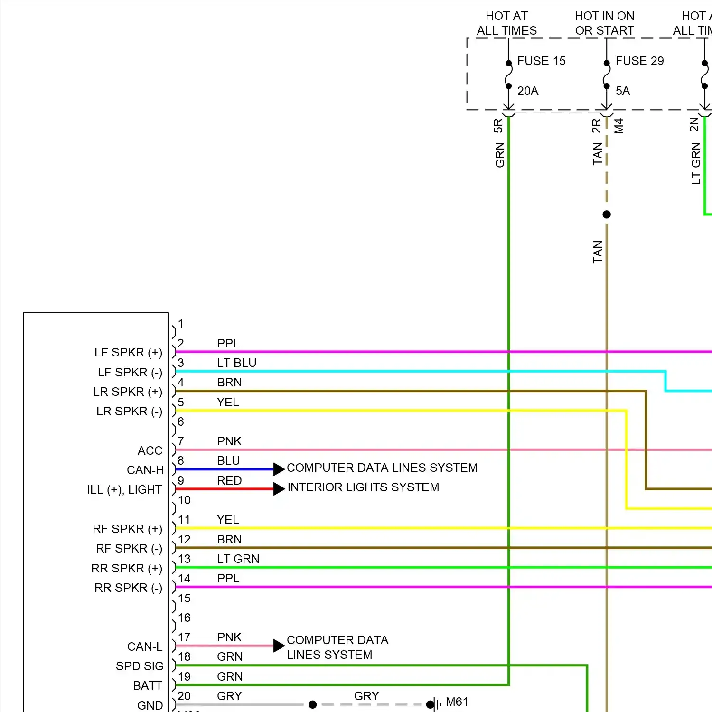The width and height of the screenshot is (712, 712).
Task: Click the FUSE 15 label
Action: coord(541,61)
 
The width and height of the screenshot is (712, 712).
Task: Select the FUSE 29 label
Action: coord(639,61)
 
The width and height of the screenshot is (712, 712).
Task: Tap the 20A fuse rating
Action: coord(527,91)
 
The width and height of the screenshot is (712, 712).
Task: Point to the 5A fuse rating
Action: coord(622,91)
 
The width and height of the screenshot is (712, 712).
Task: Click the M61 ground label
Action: coord(457,702)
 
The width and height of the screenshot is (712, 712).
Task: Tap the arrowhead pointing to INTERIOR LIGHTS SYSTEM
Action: coord(279,488)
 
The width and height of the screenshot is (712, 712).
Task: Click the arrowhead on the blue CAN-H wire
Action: coord(279,469)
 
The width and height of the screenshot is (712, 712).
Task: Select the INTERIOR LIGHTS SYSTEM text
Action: coord(363,487)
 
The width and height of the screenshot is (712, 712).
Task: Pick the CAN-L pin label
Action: coord(145,646)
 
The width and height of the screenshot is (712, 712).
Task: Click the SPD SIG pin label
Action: coord(140,666)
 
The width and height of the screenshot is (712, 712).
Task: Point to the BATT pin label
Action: coord(147,685)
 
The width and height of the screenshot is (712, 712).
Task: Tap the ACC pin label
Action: coord(150,450)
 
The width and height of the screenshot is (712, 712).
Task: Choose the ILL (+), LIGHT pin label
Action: coord(124,489)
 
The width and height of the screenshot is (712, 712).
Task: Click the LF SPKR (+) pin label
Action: coord(128,352)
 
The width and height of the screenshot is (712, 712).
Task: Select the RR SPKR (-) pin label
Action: coord(128,588)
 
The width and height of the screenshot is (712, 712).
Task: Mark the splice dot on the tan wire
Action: coord(607,215)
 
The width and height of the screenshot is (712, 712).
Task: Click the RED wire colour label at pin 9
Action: coord(229,480)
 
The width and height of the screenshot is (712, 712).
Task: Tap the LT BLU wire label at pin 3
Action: coord(236,363)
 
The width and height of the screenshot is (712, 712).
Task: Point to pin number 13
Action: coord(184,559)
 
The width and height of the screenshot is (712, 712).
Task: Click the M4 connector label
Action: coord(618,126)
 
